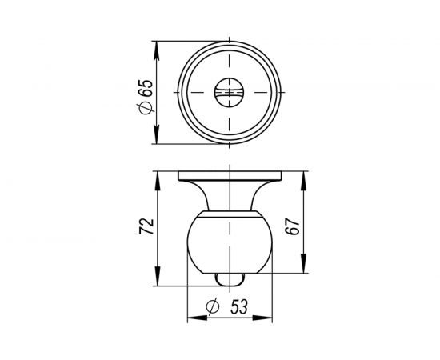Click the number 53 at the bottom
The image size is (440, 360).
238,307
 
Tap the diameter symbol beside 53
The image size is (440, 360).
213,307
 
